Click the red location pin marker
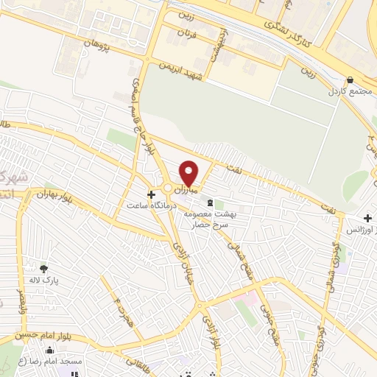point(189,174)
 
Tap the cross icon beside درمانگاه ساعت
point(152,195)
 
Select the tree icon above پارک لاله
point(43,269)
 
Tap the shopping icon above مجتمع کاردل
point(348,81)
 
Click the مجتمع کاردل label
point(347,94)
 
